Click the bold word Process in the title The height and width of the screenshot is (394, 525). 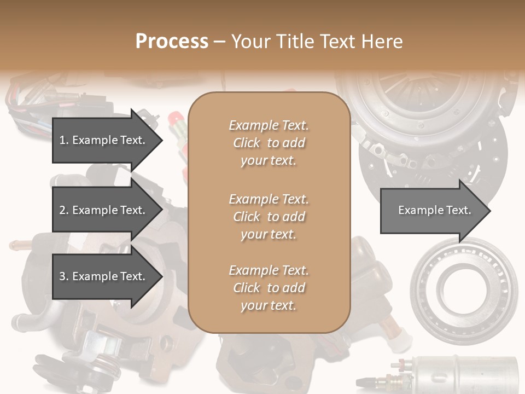(x=172, y=42)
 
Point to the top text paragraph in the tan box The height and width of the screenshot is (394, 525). (x=269, y=143)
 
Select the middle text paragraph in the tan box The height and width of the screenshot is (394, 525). (x=269, y=217)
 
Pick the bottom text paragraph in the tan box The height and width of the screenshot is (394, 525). (x=269, y=288)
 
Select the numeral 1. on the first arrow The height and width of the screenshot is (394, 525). (x=64, y=140)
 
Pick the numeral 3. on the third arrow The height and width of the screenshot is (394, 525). (x=64, y=276)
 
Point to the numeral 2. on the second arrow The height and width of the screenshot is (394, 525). (x=64, y=210)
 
